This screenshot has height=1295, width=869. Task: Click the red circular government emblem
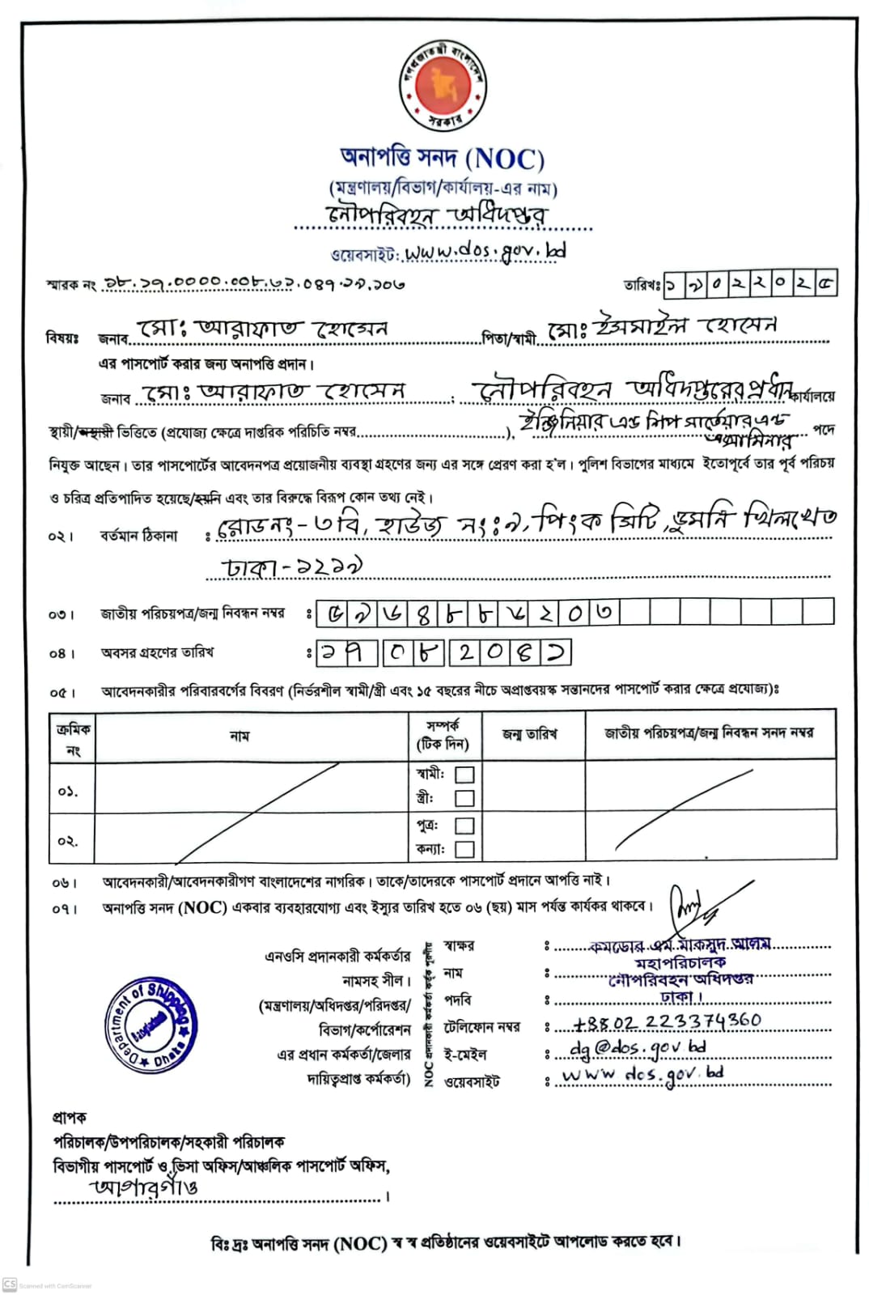click(443, 86)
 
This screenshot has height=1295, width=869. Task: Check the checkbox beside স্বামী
click(464, 775)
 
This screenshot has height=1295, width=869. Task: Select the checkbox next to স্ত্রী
click(464, 798)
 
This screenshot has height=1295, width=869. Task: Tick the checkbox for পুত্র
click(464, 826)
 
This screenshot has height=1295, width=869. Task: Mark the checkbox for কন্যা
click(464, 849)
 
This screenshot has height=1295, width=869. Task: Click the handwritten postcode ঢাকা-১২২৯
click(293, 567)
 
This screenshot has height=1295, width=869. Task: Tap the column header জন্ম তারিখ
click(530, 734)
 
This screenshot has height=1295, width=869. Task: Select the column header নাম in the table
click(240, 736)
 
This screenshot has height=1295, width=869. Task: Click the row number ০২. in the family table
click(68, 841)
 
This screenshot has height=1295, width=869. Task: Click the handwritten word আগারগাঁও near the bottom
click(145, 1187)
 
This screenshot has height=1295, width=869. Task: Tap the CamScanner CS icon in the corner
click(10, 1284)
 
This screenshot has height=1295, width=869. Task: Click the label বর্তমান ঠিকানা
click(138, 536)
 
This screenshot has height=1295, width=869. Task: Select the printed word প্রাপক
click(70, 1118)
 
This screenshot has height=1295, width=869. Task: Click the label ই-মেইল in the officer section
click(465, 1055)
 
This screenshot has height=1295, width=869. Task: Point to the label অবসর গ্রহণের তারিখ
click(157, 652)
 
